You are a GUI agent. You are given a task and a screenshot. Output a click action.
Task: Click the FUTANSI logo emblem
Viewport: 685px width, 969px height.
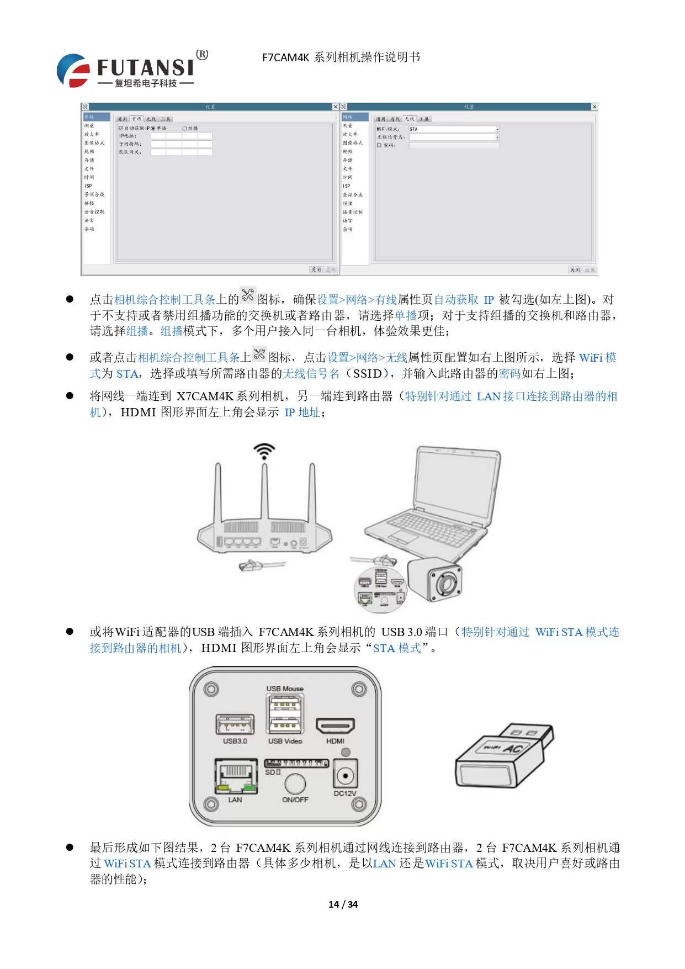click(x=73, y=71)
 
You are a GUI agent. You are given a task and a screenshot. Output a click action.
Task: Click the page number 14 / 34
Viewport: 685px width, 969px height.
click(x=343, y=904)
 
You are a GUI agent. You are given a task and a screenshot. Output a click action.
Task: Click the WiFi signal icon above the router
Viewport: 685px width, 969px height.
click(x=264, y=451)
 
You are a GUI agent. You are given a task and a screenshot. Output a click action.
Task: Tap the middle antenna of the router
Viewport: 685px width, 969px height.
click(x=265, y=491)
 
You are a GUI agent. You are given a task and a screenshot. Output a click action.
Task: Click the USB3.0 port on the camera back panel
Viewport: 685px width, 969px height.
click(x=235, y=724)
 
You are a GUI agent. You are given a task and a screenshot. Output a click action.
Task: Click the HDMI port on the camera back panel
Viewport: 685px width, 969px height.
click(x=335, y=726)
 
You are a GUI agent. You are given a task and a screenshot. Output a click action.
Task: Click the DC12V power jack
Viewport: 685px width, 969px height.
click(x=346, y=776)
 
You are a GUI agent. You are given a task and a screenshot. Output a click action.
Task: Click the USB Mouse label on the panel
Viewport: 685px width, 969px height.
click(x=285, y=689)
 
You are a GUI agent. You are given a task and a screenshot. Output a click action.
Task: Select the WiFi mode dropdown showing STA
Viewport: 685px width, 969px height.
click(x=453, y=129)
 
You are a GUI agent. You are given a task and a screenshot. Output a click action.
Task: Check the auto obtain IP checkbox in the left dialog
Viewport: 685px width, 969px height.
click(x=121, y=128)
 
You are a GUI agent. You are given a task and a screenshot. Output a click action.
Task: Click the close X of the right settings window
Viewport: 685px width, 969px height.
click(x=594, y=107)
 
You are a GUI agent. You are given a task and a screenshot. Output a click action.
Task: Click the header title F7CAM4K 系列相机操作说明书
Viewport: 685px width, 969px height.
click(x=341, y=57)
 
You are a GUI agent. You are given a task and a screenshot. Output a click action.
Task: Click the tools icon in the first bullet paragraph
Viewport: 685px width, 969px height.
click(x=248, y=295)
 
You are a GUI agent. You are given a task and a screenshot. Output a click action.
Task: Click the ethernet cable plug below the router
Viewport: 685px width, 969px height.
click(x=253, y=565)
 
